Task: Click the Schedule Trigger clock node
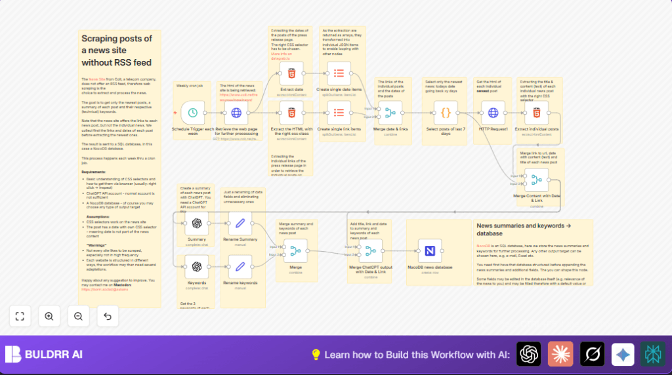click(193, 113)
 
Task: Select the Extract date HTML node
click(291, 73)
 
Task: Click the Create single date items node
click(339, 73)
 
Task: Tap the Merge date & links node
click(390, 113)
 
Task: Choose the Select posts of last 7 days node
click(446, 113)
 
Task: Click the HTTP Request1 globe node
click(493, 113)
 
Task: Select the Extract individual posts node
click(536, 113)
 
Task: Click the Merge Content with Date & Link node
click(536, 179)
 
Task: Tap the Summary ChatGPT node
click(196, 223)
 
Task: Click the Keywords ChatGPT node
click(196, 267)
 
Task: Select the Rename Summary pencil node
click(240, 223)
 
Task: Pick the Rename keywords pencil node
click(240, 267)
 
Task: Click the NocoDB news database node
click(430, 251)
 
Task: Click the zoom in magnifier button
click(49, 316)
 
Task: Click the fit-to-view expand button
click(20, 316)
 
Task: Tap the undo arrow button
click(108, 316)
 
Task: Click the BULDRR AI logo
click(43, 355)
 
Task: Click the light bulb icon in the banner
click(316, 355)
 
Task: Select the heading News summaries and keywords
click(518, 229)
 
